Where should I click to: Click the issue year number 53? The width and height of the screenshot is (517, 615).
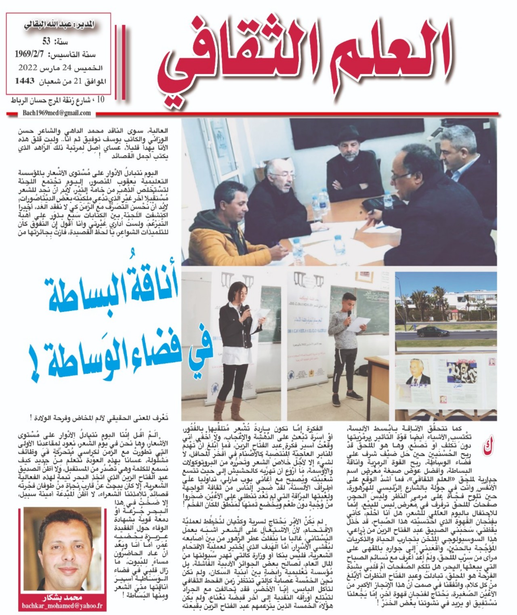(46, 41)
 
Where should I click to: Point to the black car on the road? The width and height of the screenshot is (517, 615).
(432, 332)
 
